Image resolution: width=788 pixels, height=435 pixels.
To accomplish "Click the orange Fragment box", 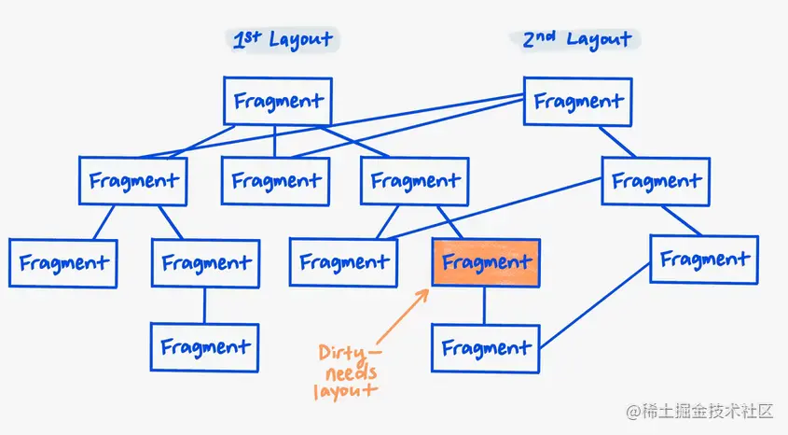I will click(486, 263).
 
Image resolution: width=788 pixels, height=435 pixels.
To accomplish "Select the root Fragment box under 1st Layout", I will click(278, 101).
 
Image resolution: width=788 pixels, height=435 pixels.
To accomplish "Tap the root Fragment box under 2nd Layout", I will click(578, 101).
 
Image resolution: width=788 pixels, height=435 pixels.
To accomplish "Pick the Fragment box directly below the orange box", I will click(485, 348).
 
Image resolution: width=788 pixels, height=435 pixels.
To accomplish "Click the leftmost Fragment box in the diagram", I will click(63, 262).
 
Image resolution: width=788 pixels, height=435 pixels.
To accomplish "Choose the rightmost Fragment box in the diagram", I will click(704, 260).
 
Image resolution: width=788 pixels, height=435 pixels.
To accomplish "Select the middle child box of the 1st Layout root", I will click(275, 180).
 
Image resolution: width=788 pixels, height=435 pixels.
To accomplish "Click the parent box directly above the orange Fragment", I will click(414, 180).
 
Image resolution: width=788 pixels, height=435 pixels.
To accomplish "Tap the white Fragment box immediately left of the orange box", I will click(344, 263).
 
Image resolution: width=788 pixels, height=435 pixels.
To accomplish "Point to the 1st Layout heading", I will click(283, 39).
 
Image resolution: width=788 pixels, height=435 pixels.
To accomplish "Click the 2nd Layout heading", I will click(575, 39).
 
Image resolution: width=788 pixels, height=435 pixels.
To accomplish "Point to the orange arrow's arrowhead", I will click(425, 291).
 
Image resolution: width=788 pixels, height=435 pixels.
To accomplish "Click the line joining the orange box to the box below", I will click(484, 305).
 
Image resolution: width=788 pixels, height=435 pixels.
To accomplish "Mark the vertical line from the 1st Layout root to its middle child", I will click(275, 140).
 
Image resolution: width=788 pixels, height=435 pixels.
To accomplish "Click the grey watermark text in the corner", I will click(700, 411).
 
